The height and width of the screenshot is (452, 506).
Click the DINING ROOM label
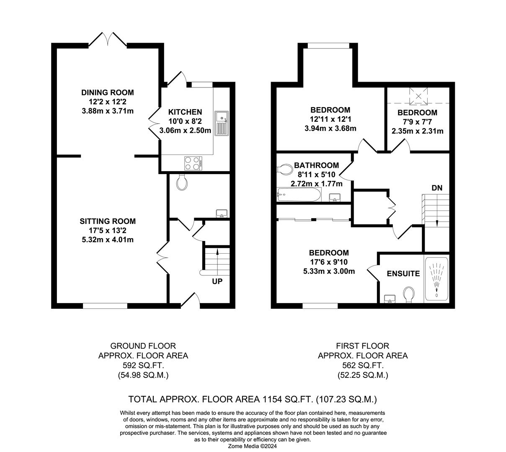pyautogui.click(x=108, y=92)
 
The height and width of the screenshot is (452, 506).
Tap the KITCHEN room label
pyautogui.click(x=185, y=112)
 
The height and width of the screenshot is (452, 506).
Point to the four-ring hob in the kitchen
pyautogui.click(x=193, y=162)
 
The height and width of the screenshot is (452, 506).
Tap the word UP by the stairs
pyautogui.click(x=217, y=282)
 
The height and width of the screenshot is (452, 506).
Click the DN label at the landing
pyautogui.click(x=437, y=188)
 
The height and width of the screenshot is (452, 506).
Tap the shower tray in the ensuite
pyautogui.click(x=437, y=278)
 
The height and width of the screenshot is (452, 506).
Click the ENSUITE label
pyautogui.click(x=403, y=274)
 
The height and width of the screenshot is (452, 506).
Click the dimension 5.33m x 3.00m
pyautogui.click(x=329, y=271)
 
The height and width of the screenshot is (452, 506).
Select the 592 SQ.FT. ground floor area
pyautogui.click(x=143, y=365)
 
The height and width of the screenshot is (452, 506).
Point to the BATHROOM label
pyautogui.click(x=316, y=165)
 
